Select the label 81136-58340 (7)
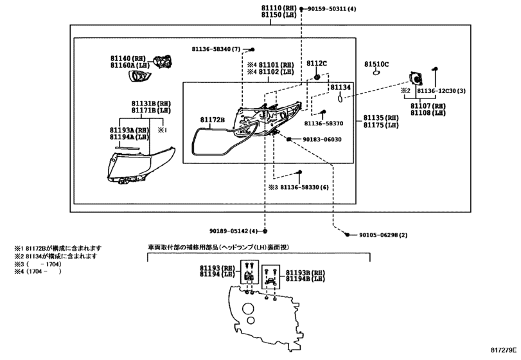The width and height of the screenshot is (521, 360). coord(216,50)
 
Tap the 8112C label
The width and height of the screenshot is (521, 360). coord(317,64)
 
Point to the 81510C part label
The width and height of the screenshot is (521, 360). coord(376,64)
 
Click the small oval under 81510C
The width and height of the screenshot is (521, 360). coord(376,73)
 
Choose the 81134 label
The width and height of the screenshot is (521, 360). coord(340,87)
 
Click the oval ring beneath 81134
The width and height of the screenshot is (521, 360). coord(340,99)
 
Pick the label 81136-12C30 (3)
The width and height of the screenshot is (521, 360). coord(441,91)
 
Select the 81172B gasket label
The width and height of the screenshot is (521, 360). coord(213,120)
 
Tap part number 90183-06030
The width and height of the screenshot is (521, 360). coord(322,139)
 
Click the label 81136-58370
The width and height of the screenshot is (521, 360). coord(324,123)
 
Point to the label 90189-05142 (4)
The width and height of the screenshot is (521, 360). coord(234,231)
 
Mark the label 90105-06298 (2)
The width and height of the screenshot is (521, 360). coord(383,235)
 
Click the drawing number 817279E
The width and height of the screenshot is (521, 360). coord(504,350)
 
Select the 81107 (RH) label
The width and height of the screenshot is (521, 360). coord(428,106)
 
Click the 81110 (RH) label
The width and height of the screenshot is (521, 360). coord(278,8)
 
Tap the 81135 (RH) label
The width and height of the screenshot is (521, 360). coord(381,118)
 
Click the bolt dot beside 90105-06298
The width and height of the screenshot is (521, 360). coord(347,235)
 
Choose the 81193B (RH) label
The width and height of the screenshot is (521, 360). coord(305,273)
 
